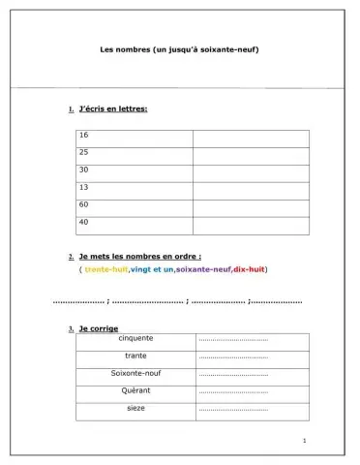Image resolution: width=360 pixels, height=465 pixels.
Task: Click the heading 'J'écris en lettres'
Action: (x=113, y=109)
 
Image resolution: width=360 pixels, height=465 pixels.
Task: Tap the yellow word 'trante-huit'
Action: (x=106, y=268)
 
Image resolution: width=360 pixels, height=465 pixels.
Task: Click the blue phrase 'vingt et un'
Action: (x=152, y=268)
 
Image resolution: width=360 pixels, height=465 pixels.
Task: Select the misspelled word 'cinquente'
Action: (x=135, y=339)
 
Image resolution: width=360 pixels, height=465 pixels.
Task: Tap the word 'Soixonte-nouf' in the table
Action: (x=135, y=373)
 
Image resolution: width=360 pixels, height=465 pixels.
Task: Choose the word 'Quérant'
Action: (x=135, y=390)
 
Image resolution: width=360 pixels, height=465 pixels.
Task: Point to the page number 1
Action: (x=304, y=442)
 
